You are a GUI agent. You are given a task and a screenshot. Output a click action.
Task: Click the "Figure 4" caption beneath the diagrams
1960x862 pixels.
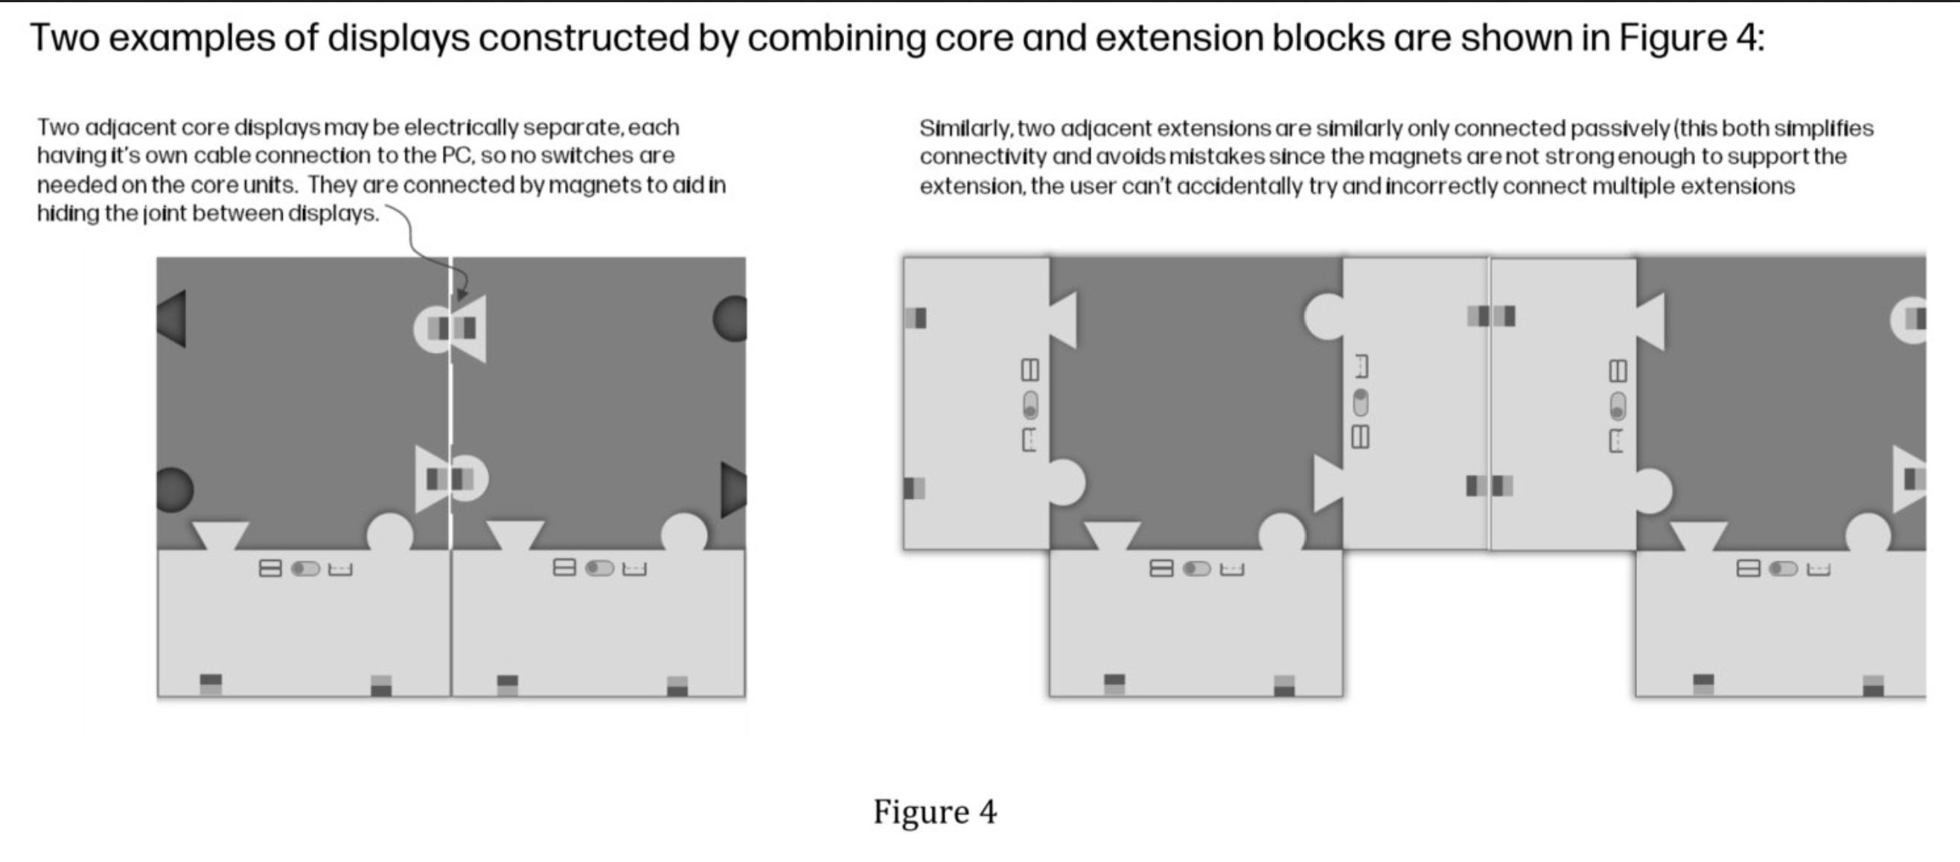[x=934, y=812]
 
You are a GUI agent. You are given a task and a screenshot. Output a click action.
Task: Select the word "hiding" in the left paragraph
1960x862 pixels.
[x=67, y=213]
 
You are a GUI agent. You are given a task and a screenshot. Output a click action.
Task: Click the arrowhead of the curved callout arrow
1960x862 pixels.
[x=461, y=295]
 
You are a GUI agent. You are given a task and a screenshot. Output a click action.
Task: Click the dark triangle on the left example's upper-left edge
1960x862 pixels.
[x=172, y=319]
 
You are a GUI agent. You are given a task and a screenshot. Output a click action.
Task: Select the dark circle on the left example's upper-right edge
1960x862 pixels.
[x=730, y=319]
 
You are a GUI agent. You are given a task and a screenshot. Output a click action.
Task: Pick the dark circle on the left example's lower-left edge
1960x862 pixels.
[x=174, y=489]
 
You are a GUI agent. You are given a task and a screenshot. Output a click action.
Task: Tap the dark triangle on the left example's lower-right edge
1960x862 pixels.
[x=732, y=488]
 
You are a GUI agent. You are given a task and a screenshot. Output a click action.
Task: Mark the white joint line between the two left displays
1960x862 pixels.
[x=451, y=403]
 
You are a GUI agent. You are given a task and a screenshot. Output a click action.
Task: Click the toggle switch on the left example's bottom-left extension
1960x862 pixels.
[x=305, y=568]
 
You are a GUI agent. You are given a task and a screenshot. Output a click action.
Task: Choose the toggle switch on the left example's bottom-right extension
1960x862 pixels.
[x=598, y=568]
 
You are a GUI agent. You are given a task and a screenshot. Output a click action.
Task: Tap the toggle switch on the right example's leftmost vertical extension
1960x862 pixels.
[x=1030, y=405]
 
